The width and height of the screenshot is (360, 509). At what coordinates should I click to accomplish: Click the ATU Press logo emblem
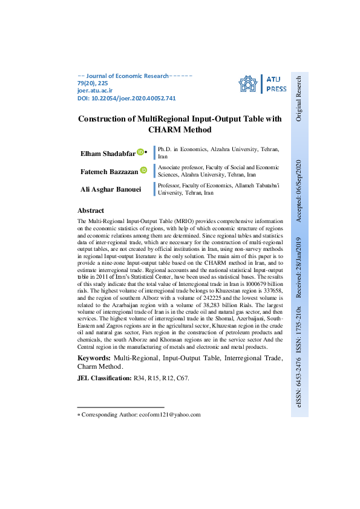(x=247, y=83)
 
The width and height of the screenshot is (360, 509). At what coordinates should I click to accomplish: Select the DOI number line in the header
(x=126, y=98)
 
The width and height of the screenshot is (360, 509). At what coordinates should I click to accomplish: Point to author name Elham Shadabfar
(x=108, y=153)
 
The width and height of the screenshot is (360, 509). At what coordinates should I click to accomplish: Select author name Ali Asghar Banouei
(x=111, y=189)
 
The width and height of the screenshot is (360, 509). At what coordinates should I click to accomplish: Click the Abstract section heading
(x=91, y=211)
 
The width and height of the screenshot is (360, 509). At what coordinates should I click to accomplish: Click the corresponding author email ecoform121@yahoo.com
(x=169, y=415)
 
